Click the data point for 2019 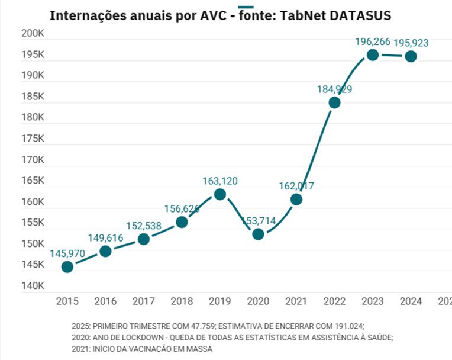(x=219, y=194)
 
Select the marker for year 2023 (x=372, y=54)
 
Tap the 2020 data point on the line (x=258, y=234)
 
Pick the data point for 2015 (x=67, y=266)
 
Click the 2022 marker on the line (x=334, y=102)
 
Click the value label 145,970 (x=67, y=253)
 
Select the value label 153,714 (x=258, y=220)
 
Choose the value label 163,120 (x=219, y=181)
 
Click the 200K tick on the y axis (x=33, y=34)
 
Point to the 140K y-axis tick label (x=33, y=286)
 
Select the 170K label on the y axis (x=33, y=160)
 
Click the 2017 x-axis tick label (x=144, y=301)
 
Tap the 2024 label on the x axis (x=410, y=301)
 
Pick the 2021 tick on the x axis (x=296, y=301)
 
